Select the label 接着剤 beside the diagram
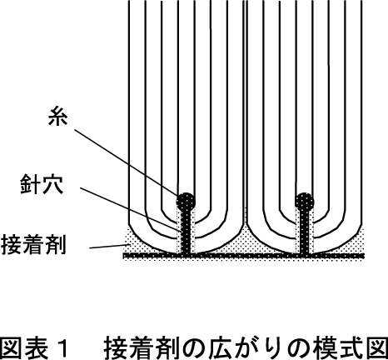click(x=33, y=244)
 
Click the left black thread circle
click(x=186, y=202)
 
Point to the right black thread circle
click(x=305, y=202)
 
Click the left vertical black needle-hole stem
click(x=186, y=232)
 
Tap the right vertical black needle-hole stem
click(x=305, y=232)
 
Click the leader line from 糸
click(x=126, y=162)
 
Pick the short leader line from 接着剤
click(x=108, y=246)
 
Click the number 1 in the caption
click(x=63, y=347)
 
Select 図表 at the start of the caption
click(x=24, y=347)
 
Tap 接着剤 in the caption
click(x=139, y=347)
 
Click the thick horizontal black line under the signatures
click(x=244, y=255)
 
